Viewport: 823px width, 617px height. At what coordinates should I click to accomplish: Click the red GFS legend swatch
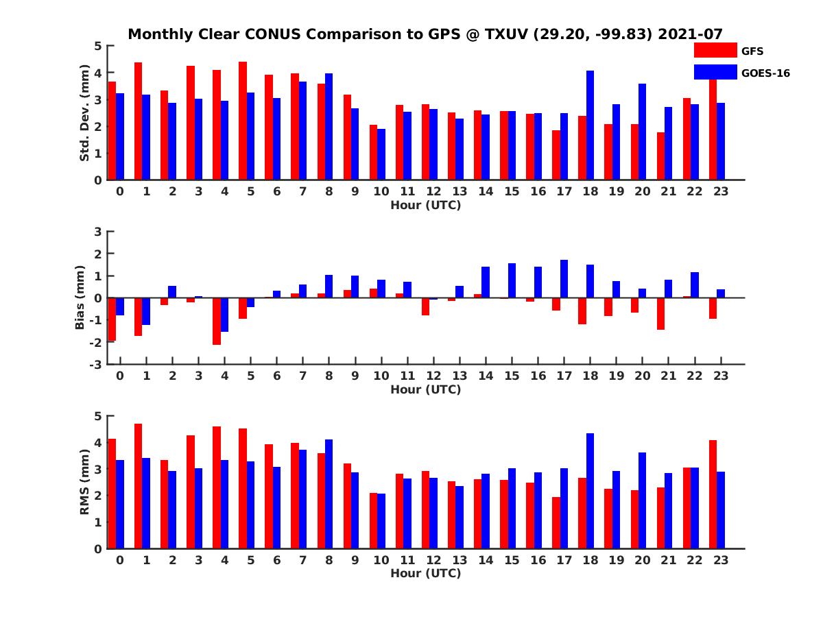(715, 50)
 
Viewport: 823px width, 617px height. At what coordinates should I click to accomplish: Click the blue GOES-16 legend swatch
(715, 72)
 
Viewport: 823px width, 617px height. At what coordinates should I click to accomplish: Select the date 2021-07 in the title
(690, 34)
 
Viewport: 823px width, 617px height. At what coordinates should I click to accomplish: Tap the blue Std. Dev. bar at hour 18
(590, 125)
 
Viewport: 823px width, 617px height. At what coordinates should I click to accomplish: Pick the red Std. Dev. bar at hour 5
(243, 121)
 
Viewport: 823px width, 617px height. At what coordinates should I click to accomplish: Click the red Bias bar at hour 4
(217, 321)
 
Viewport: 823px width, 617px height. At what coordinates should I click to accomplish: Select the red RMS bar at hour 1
(138, 486)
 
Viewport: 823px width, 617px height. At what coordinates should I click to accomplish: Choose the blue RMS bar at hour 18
(590, 491)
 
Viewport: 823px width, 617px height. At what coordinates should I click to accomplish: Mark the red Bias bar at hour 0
(112, 319)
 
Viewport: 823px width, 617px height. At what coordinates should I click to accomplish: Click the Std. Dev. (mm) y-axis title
(85, 113)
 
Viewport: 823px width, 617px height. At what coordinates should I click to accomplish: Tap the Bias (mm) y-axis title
(80, 298)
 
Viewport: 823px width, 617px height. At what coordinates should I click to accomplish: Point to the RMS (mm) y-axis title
(85, 482)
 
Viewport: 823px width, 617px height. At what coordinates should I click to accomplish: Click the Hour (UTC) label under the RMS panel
(425, 573)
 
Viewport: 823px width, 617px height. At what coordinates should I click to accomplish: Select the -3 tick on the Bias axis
(97, 364)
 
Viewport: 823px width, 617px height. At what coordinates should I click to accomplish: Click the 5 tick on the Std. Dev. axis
(99, 46)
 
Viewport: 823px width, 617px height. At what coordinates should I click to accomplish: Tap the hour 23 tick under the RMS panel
(721, 560)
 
